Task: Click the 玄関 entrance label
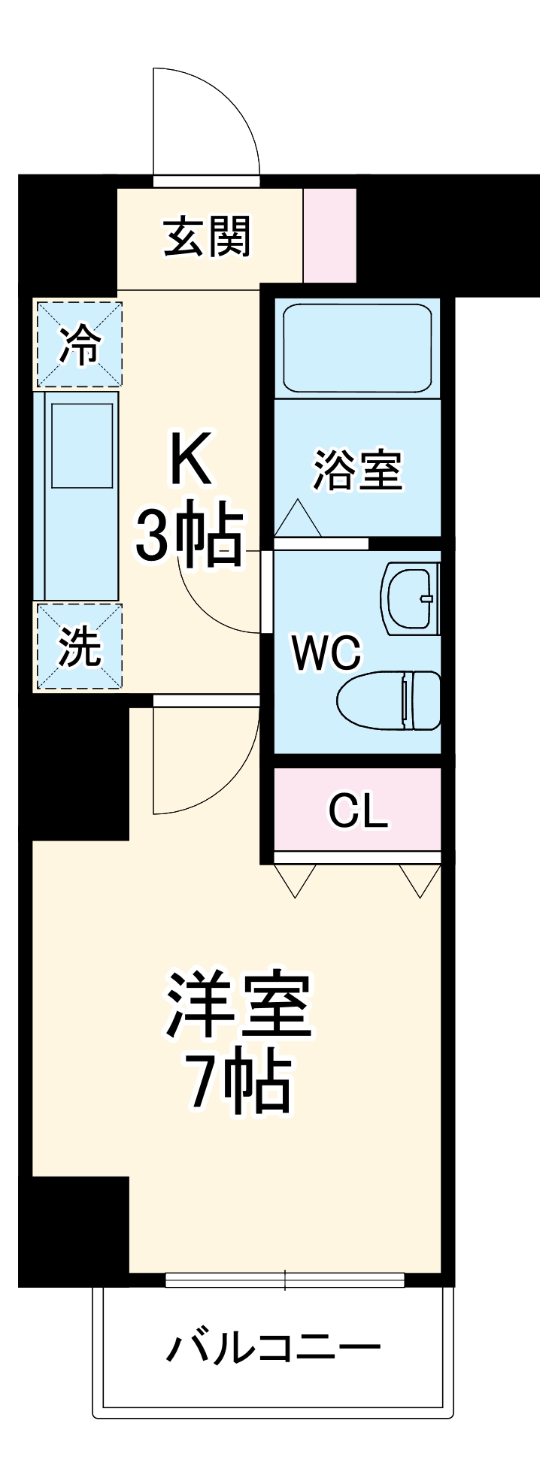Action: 207,236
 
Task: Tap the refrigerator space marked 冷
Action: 79,345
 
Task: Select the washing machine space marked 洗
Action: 80,647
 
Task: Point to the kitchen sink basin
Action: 82,445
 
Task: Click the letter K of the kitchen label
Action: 190,458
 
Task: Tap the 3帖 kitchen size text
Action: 190,535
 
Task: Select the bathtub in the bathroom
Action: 357,348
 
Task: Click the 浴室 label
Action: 357,470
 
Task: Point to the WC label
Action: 326,653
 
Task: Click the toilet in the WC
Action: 390,701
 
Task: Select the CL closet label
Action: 358,810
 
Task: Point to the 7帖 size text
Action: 238,1083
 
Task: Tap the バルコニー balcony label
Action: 273,1349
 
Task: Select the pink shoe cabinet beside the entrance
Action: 329,235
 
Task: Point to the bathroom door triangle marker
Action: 298,519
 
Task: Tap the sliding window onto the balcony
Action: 284,1280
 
